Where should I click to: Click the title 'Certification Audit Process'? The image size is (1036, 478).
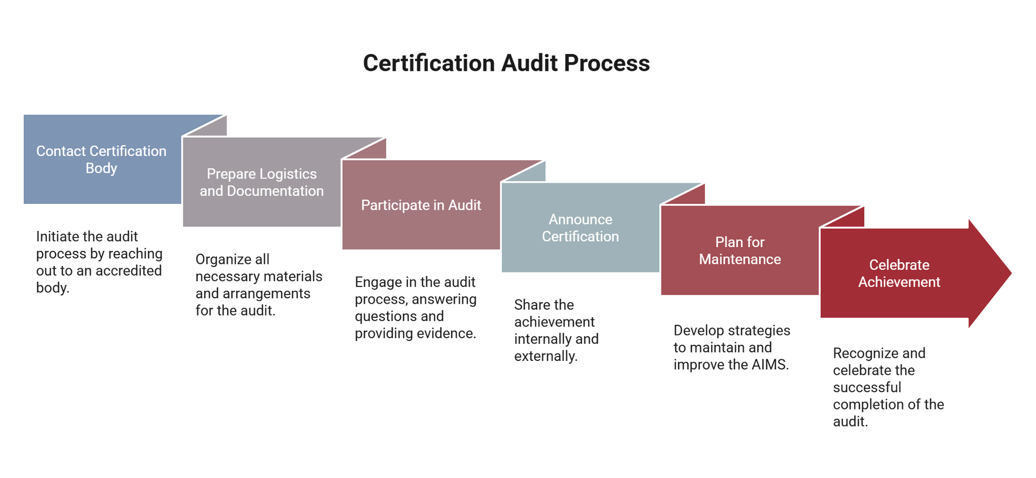point(506,63)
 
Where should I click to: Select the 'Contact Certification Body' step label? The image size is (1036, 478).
point(101,160)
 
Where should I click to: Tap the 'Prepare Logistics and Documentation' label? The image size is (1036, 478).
point(262,182)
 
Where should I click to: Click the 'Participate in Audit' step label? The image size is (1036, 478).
point(421,205)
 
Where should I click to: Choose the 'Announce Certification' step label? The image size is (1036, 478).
point(581,228)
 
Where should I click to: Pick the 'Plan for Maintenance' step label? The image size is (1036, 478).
point(740,250)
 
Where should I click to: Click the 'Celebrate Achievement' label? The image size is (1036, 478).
point(899,273)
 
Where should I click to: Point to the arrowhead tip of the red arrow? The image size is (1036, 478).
point(1011,273)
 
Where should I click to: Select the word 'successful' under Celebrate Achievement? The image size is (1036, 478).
point(867,387)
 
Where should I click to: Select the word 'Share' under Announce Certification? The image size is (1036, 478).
point(532,305)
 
